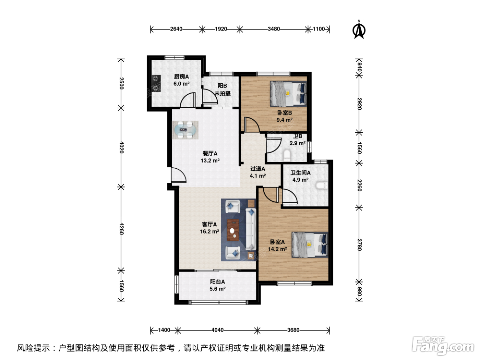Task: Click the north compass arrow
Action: pos(359,30)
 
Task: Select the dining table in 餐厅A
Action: pos(185,130)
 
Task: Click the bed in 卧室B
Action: pos(288,94)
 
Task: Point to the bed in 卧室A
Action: pos(310,244)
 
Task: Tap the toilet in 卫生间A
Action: pos(322,185)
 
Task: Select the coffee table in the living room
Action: pos(233,230)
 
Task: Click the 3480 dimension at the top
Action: pos(274,29)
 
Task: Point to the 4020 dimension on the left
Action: pos(122,147)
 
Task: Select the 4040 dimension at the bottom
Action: pos(217,330)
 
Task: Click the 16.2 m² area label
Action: pos(209,231)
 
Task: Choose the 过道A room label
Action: pos(257,169)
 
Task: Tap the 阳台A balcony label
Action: pos(217,282)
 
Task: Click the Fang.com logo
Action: pos(443,346)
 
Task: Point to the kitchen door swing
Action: pos(188,100)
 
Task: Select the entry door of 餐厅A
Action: pos(178,175)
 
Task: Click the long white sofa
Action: pos(251,229)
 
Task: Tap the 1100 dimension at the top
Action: pos(319,29)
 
